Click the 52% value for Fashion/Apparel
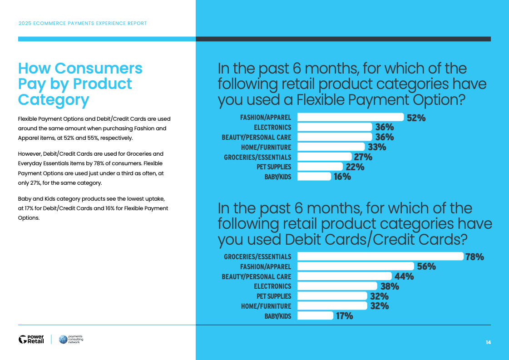(x=416, y=118)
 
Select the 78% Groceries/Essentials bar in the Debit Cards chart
(x=380, y=256)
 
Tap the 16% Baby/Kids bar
(x=314, y=177)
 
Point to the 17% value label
(x=344, y=316)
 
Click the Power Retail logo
(x=31, y=339)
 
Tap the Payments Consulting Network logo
(x=71, y=339)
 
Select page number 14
(x=488, y=342)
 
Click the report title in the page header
(x=83, y=23)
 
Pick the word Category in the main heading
(x=53, y=99)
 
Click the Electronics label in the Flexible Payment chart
(x=272, y=128)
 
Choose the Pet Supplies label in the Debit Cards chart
(x=274, y=296)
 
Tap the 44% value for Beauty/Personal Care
(x=404, y=276)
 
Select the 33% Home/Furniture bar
(x=331, y=147)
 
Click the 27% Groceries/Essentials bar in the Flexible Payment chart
(x=325, y=157)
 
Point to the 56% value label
(x=426, y=266)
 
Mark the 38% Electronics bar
(x=337, y=286)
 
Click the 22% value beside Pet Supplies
(x=355, y=167)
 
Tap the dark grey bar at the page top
(x=343, y=39)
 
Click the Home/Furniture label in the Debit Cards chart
(x=266, y=306)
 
